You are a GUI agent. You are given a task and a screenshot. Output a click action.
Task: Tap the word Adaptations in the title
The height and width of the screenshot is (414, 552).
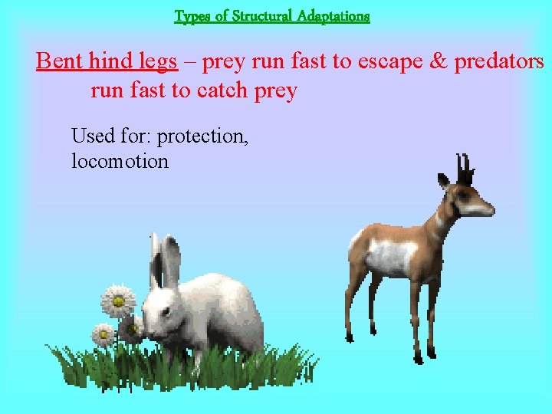(x=333, y=15)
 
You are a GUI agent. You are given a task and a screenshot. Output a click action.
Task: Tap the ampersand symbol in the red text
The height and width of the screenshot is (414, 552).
(x=438, y=61)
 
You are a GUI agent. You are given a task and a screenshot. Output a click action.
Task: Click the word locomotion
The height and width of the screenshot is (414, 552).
(x=120, y=161)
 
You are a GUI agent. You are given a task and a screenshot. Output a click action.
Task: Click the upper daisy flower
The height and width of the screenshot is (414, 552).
(x=118, y=301)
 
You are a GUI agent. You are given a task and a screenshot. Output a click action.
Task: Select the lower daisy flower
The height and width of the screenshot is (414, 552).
(x=103, y=335)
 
